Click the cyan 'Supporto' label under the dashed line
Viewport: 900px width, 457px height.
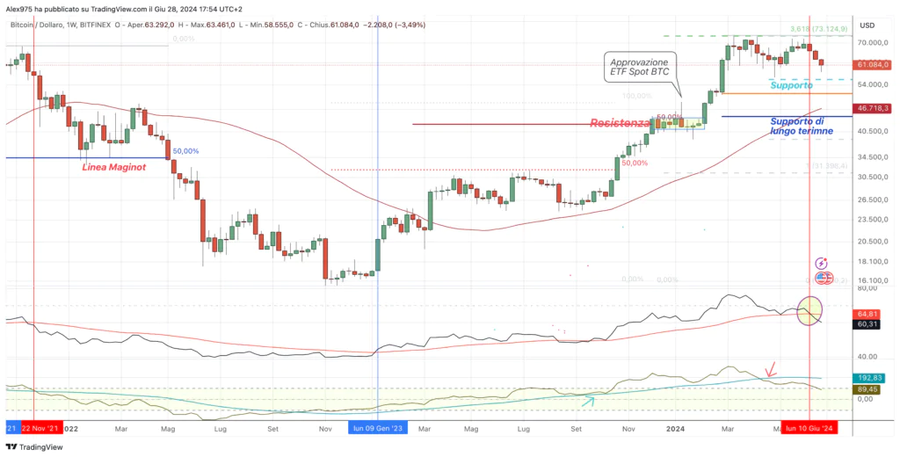tap(792, 85)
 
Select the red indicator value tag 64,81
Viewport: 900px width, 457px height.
tap(867, 313)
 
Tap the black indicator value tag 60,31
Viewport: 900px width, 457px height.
tap(867, 324)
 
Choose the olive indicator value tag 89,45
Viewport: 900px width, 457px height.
tap(867, 388)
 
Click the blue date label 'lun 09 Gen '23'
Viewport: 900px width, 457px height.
tap(379, 428)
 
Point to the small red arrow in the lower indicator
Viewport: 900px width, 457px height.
tap(771, 369)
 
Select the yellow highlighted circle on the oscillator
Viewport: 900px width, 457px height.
tap(810, 310)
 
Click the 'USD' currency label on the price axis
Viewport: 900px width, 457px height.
tap(867, 25)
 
